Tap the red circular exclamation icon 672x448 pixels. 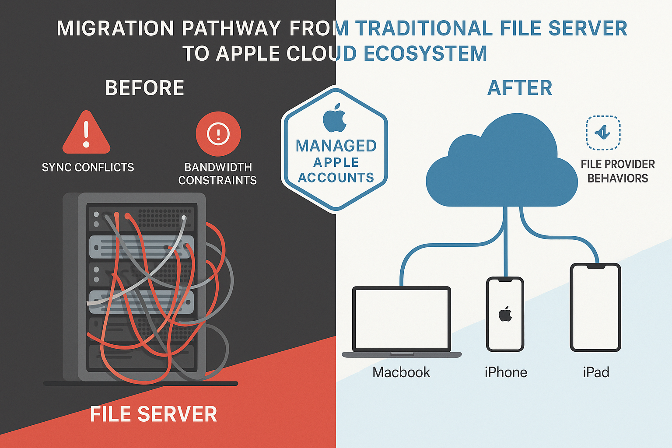(218, 134)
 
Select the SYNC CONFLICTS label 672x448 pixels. (88, 168)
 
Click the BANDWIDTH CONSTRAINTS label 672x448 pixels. (217, 174)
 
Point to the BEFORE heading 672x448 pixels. (145, 88)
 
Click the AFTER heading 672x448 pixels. (520, 88)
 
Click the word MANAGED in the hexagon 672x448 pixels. (336, 146)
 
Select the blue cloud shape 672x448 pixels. (501, 166)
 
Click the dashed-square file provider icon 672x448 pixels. (603, 133)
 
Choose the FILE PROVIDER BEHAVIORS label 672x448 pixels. (617, 171)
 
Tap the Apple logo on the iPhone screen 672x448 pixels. (505, 314)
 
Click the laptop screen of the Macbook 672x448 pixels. (402, 318)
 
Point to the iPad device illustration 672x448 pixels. (595, 307)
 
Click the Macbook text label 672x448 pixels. (401, 372)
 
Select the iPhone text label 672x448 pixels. (506, 372)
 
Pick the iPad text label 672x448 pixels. (596, 372)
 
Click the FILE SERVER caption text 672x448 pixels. (154, 414)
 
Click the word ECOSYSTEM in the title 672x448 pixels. (425, 54)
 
